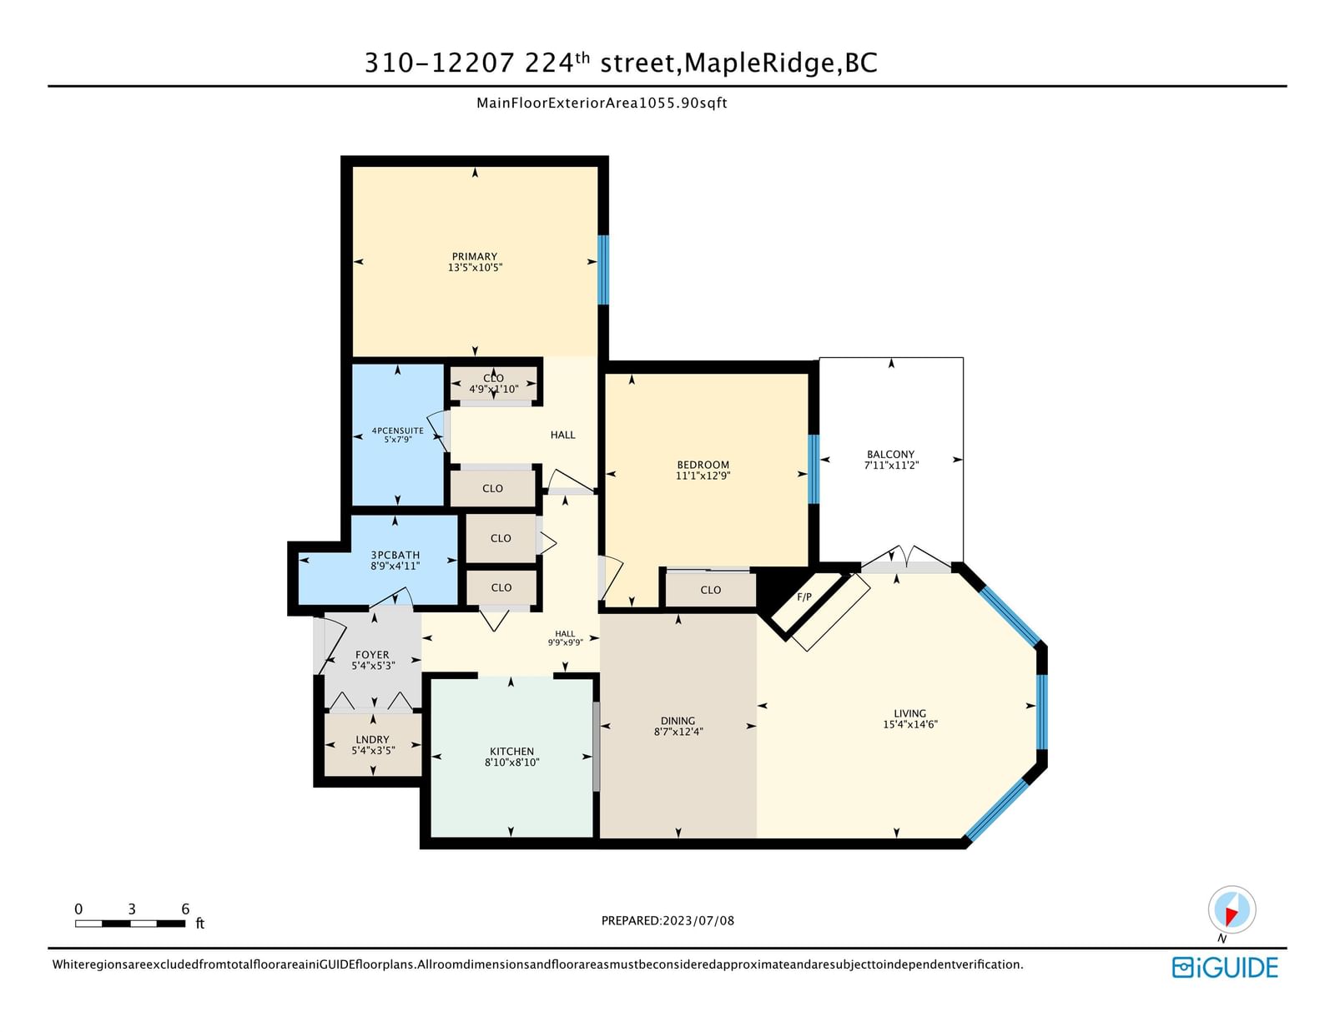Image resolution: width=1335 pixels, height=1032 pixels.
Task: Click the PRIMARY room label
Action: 474,256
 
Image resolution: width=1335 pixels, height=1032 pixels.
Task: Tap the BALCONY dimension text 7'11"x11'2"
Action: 891,465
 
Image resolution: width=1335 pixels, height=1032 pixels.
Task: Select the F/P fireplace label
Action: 804,597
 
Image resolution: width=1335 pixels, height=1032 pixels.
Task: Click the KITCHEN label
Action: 511,752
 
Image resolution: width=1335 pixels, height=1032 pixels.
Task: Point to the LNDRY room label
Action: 372,740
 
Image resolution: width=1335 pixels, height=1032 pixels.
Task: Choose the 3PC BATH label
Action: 395,555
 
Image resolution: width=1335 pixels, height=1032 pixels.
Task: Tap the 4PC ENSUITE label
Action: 397,430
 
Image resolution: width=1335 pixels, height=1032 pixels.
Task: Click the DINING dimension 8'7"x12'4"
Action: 678,732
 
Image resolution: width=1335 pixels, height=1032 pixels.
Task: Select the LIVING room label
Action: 909,713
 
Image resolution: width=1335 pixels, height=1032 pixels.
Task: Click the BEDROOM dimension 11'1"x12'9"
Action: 703,476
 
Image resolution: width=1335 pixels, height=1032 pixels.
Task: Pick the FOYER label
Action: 372,655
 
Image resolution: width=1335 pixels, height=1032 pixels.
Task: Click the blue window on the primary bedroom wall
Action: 603,269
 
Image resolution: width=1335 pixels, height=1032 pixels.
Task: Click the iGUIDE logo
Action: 1225,968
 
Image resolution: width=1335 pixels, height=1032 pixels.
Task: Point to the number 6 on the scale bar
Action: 185,909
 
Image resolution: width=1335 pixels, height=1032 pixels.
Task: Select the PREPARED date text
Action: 667,921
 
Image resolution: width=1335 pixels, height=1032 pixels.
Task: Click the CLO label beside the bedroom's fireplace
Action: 710,590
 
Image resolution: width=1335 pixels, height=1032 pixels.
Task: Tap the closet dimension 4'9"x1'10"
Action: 494,389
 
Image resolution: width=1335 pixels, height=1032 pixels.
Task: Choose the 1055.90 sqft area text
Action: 683,103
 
